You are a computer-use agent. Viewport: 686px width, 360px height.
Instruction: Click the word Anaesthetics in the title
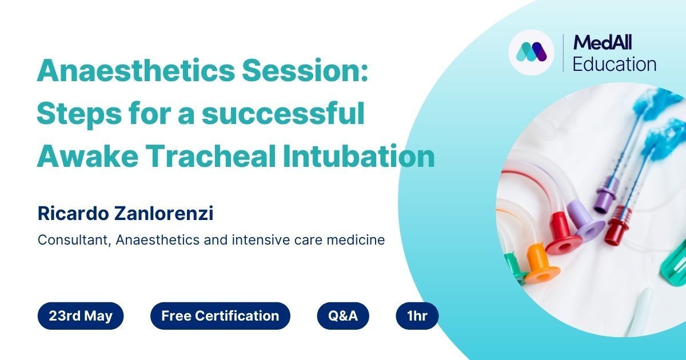coord(135,70)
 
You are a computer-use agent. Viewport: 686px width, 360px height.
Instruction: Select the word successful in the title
coord(283,113)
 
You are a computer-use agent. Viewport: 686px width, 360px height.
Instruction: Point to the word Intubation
coord(358,156)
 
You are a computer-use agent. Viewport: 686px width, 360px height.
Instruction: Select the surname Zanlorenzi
coord(164,213)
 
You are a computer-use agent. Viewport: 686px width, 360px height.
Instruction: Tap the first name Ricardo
coord(73,213)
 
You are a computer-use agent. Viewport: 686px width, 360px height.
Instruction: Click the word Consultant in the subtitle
coord(74,240)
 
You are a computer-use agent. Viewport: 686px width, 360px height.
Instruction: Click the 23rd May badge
coord(81,315)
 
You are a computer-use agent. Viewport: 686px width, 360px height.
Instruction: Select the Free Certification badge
coord(220,315)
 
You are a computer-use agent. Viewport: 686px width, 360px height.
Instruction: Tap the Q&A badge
coord(343,315)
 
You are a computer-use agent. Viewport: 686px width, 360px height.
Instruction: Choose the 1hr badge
coord(417,315)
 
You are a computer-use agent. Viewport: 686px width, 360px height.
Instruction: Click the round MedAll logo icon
coord(531,53)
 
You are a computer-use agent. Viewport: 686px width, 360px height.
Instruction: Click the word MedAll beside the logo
coord(603,42)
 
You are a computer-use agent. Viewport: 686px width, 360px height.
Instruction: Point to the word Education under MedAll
coord(615,64)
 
